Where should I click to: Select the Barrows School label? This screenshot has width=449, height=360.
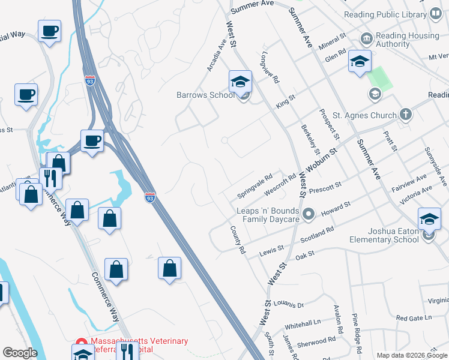[x=205, y=95]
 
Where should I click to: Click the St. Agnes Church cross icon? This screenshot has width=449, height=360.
[x=406, y=115]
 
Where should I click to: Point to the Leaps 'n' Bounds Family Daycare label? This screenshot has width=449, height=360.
[x=268, y=215]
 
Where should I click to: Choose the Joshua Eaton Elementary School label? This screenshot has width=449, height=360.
[x=384, y=235]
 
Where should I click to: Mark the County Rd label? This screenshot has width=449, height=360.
[x=238, y=239]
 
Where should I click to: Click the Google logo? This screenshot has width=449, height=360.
[x=20, y=353]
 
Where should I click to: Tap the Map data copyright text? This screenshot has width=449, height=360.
[x=411, y=355]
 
